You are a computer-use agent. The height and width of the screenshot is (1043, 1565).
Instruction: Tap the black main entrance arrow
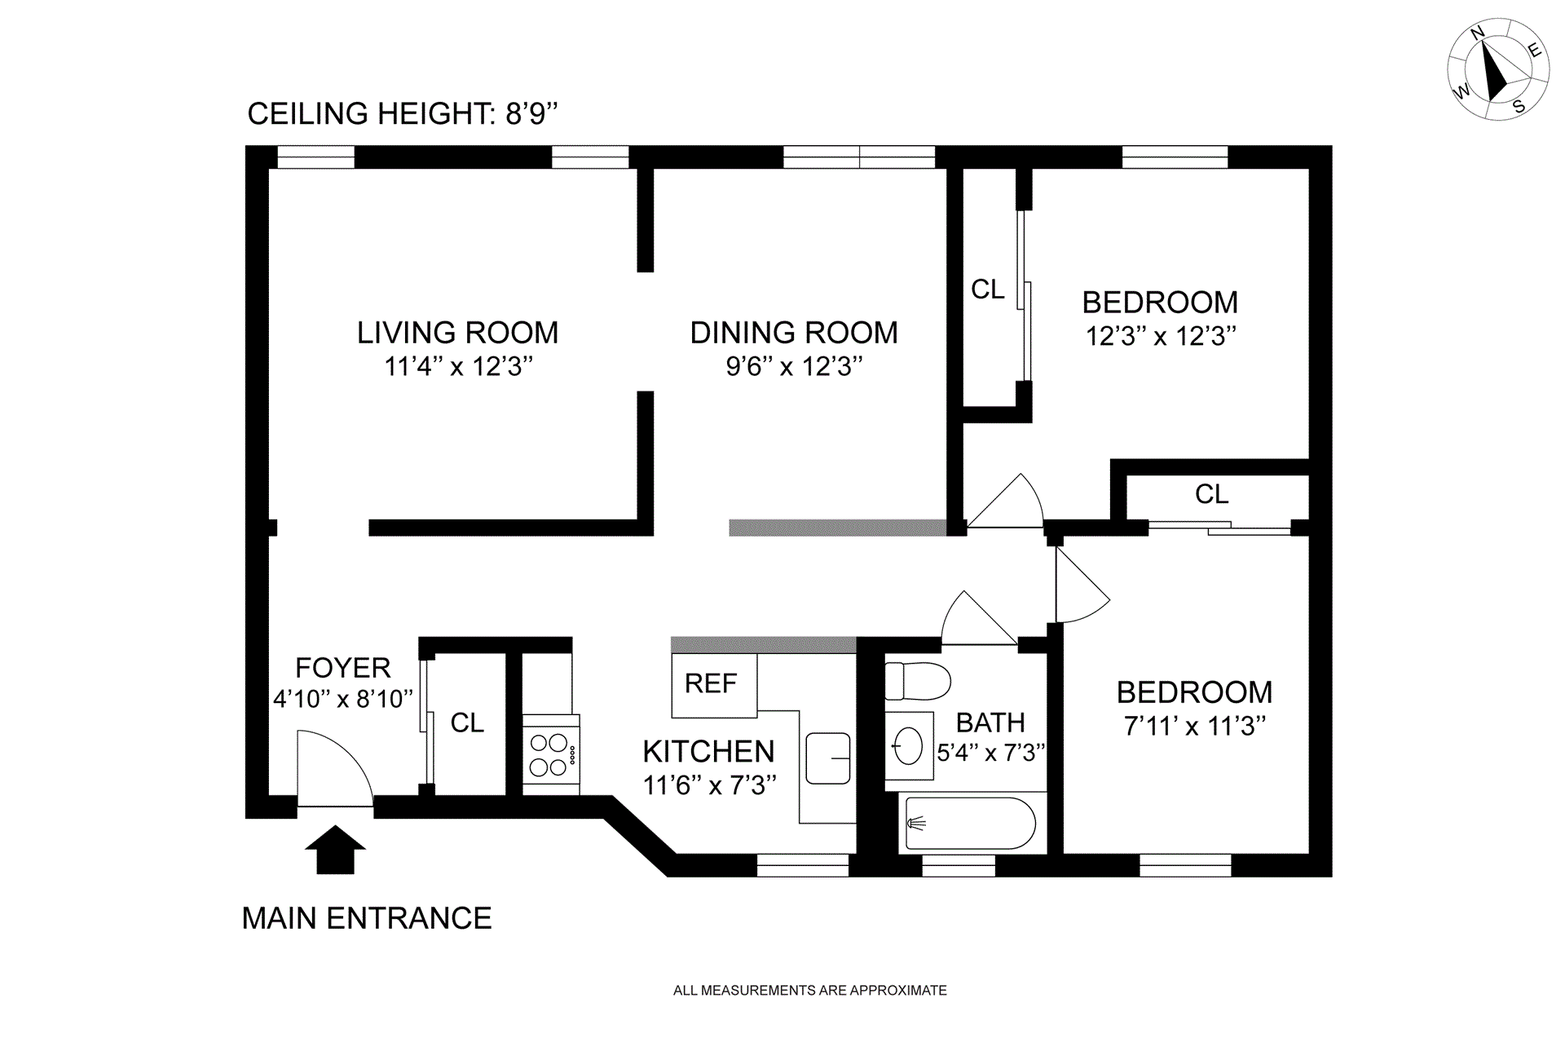click(335, 850)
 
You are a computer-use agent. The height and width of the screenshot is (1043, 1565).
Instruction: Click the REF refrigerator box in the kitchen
click(714, 685)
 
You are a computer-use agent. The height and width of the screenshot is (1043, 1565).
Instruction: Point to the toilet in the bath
click(918, 681)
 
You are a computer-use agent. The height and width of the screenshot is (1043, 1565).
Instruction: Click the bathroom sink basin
click(909, 745)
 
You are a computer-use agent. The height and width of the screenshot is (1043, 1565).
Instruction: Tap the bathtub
click(968, 824)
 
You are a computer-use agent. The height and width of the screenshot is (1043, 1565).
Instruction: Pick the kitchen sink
click(828, 758)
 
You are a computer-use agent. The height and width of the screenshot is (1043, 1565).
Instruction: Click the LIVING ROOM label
click(457, 333)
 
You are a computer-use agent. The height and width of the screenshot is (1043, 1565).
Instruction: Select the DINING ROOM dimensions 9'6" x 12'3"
click(794, 366)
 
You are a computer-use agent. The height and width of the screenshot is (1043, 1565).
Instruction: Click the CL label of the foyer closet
click(467, 723)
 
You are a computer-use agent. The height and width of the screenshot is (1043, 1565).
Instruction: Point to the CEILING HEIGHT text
click(403, 113)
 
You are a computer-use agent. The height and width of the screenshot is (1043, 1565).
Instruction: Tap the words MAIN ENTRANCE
click(367, 918)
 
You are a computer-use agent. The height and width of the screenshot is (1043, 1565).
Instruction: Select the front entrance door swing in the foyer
click(335, 767)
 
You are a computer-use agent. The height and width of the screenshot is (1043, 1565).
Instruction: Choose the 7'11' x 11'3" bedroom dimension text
click(1194, 726)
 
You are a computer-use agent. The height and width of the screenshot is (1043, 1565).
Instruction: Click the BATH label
click(990, 723)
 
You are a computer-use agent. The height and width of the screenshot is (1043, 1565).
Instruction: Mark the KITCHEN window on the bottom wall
click(803, 865)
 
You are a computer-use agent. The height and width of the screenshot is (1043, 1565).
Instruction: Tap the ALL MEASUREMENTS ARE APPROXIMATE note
click(810, 991)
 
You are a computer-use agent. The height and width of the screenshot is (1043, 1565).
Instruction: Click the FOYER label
click(342, 668)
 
